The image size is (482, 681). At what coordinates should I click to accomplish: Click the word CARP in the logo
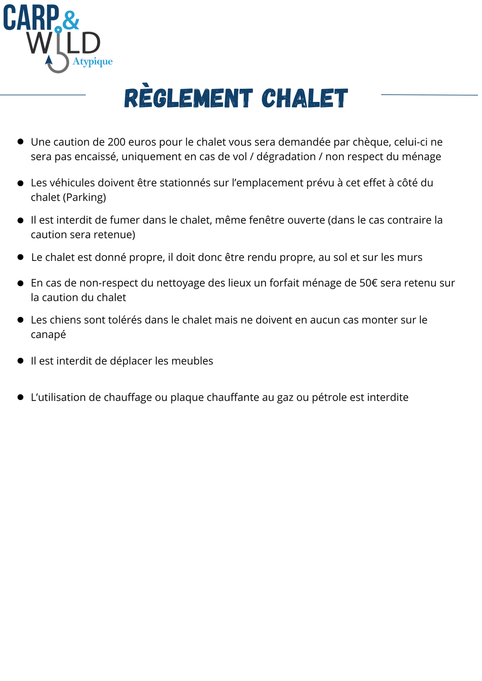[x=31, y=18]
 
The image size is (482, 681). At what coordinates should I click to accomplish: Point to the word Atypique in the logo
[x=92, y=61]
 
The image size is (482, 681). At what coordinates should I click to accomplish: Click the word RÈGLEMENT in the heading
[x=188, y=98]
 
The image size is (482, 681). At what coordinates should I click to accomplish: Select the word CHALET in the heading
[x=304, y=98]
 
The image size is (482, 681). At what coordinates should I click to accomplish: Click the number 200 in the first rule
[x=116, y=142]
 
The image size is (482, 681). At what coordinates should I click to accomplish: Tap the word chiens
[x=64, y=320]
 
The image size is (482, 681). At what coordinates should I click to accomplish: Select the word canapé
[x=48, y=335]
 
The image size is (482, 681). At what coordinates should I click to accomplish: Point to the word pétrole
[x=329, y=397]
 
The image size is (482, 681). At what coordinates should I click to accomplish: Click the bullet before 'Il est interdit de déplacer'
[x=20, y=361]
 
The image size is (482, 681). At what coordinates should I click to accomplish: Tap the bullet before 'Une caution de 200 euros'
[x=20, y=142]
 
